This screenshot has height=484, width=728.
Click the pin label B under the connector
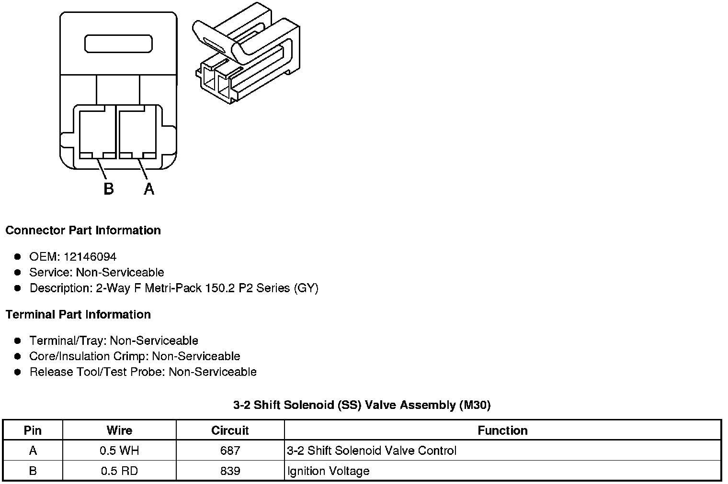tap(109, 189)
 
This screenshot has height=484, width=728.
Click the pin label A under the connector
tap(149, 189)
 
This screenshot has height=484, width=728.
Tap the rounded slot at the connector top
tap(118, 44)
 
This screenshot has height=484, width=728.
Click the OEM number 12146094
tap(90, 257)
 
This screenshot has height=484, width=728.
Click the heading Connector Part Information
tap(83, 231)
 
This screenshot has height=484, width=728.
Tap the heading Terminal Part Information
tap(78, 315)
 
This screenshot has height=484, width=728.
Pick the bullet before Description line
tap(18, 288)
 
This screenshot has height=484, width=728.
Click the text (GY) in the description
tap(306, 288)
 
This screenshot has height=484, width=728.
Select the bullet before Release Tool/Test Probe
tap(18, 372)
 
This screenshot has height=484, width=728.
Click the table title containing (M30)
tap(362, 406)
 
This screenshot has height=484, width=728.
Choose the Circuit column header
tap(230, 430)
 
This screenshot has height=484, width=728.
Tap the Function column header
tap(502, 430)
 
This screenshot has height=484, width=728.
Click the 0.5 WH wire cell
tap(119, 451)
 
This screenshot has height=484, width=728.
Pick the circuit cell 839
tap(230, 471)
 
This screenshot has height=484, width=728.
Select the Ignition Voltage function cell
tap(329, 471)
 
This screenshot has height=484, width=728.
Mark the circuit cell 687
tap(230, 451)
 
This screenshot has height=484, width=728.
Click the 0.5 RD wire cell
tap(119, 471)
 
